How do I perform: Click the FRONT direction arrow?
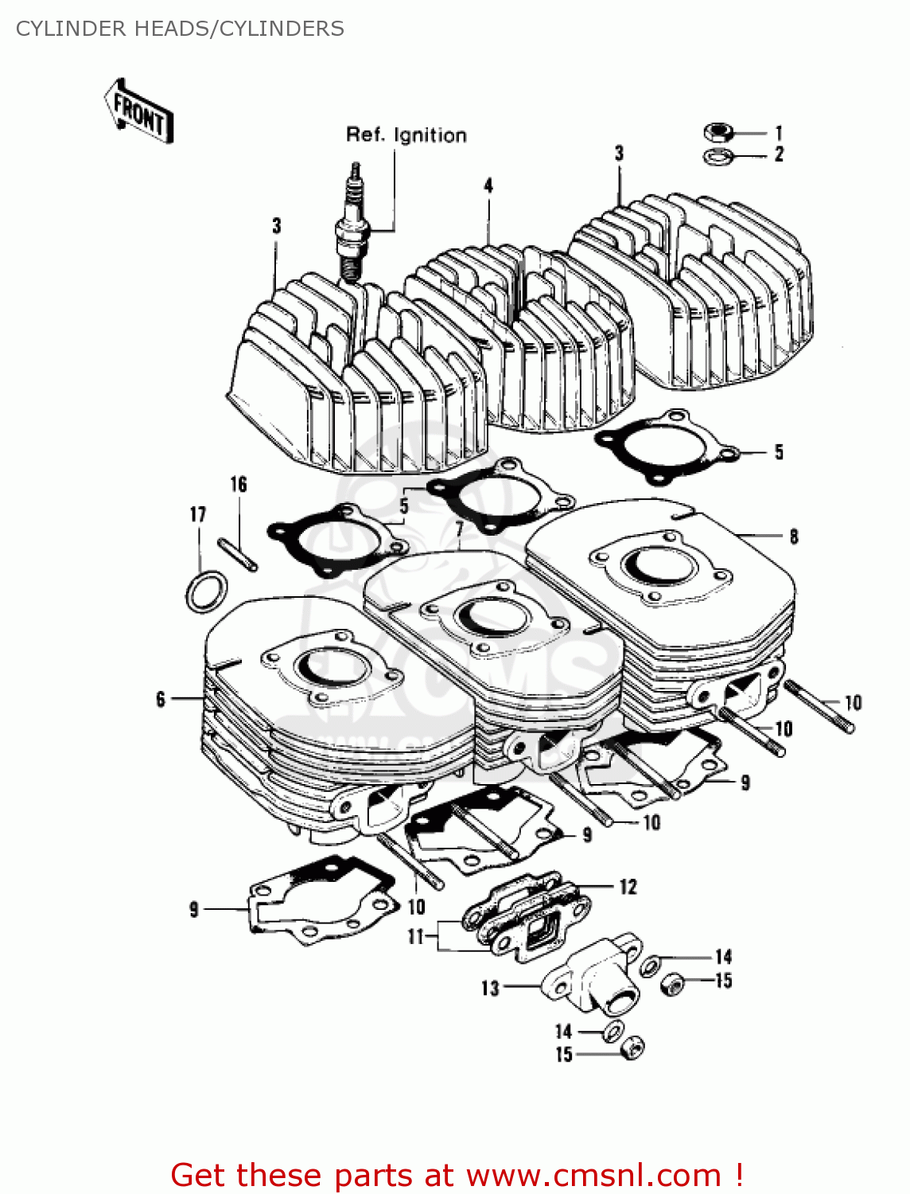click(138, 112)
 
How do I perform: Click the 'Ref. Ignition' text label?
click(406, 135)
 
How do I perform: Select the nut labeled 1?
click(718, 132)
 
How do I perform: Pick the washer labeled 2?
click(718, 156)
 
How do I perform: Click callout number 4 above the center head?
click(488, 186)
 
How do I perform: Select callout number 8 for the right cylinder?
click(793, 537)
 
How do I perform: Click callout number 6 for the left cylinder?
click(161, 699)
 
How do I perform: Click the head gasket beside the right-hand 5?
click(667, 446)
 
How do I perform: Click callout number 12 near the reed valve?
click(628, 887)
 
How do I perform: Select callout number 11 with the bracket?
click(415, 937)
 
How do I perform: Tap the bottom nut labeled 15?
click(632, 1049)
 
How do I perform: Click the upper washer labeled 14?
click(651, 965)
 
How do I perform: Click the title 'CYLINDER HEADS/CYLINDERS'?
click(180, 29)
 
